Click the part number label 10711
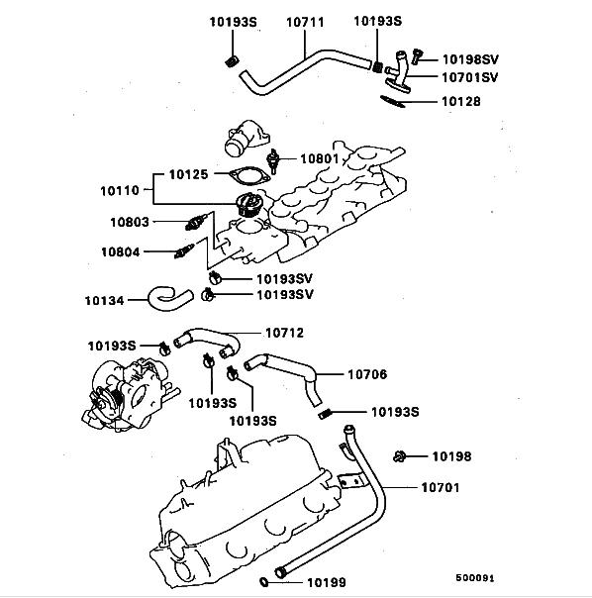(x=305, y=22)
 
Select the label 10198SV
(x=470, y=59)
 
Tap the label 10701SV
(x=470, y=77)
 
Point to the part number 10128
(x=461, y=101)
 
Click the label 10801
(x=320, y=158)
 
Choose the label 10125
(x=189, y=174)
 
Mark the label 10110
(x=120, y=191)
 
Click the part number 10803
(x=130, y=222)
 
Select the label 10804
(x=121, y=252)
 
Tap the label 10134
(x=104, y=301)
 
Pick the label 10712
(x=284, y=333)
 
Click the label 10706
(x=367, y=374)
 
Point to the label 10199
(x=327, y=583)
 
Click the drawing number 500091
(x=475, y=578)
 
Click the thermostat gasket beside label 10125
(x=249, y=176)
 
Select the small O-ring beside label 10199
(x=263, y=582)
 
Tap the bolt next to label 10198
(x=399, y=456)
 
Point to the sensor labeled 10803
(x=196, y=222)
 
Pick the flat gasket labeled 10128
(x=392, y=101)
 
